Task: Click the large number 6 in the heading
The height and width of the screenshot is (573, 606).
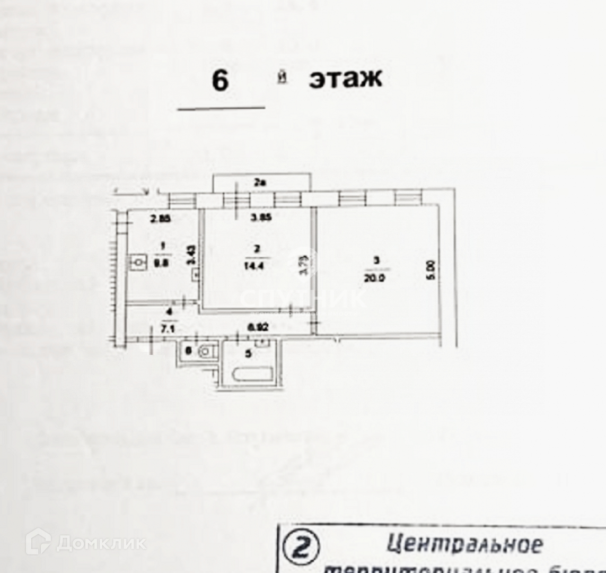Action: (x=220, y=81)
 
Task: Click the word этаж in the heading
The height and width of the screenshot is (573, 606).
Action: (x=345, y=79)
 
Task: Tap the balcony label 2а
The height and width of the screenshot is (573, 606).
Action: (x=259, y=183)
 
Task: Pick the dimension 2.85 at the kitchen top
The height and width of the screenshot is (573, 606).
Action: (x=160, y=218)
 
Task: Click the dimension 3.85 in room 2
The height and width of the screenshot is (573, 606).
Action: (x=261, y=217)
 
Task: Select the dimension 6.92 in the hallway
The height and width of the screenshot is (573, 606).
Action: (x=258, y=328)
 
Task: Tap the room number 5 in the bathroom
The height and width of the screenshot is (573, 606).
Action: (x=247, y=353)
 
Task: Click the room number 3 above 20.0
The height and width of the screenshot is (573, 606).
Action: (x=376, y=261)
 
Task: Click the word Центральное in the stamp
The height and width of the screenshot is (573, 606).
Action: (x=464, y=544)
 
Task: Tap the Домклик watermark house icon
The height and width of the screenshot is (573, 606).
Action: (x=38, y=542)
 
